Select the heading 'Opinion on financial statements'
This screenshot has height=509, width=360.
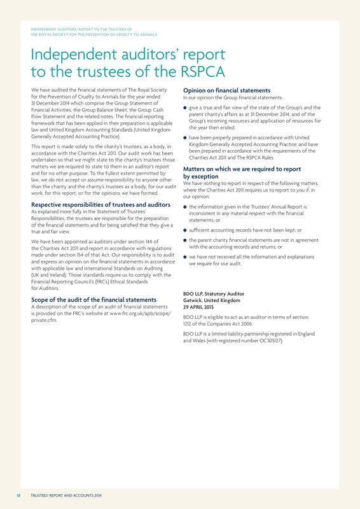(227, 90)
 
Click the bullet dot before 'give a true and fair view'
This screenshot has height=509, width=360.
(185, 108)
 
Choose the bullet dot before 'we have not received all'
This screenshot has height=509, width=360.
(185, 256)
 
